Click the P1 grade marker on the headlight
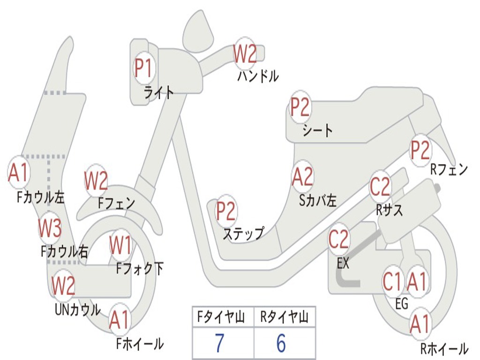point(143,68)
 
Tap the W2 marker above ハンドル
point(245,54)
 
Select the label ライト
point(159,92)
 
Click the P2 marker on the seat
point(300,107)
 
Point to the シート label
point(317,130)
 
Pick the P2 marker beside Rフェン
point(420,150)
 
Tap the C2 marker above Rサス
point(380,187)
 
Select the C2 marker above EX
point(339,240)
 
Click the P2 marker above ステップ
point(226,211)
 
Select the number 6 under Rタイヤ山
point(281,343)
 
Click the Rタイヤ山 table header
point(284,318)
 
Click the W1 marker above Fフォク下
point(120,245)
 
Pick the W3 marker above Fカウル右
point(50,228)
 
